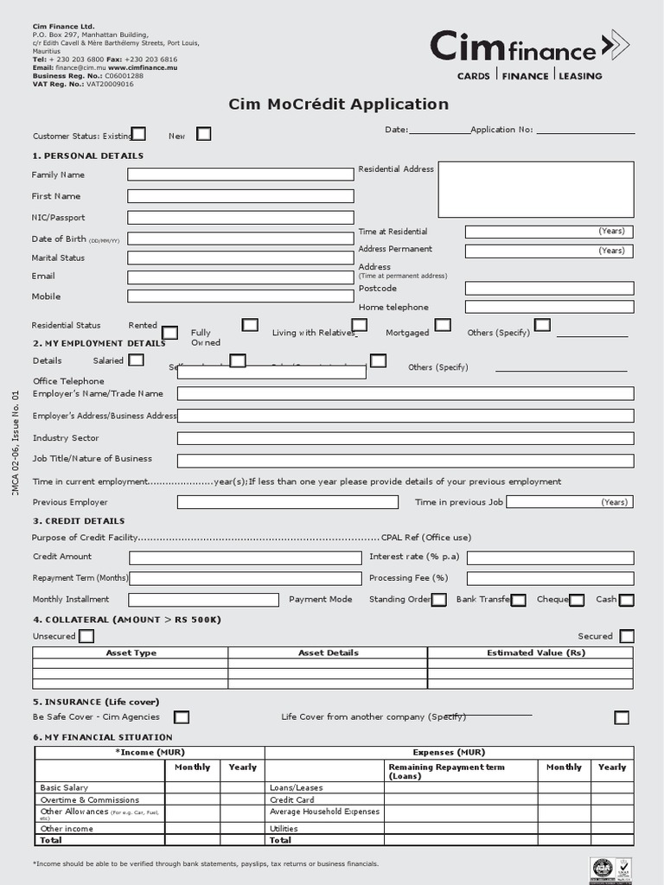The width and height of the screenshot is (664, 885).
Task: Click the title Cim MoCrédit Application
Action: click(338, 105)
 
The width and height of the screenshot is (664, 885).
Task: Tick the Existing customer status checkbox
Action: click(138, 134)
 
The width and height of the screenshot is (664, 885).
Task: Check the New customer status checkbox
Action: click(203, 134)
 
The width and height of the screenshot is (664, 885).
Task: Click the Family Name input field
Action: click(240, 175)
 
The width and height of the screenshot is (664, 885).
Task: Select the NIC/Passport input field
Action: click(240, 218)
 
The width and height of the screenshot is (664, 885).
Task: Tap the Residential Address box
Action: click(536, 189)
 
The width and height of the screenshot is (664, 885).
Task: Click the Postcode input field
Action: click(549, 289)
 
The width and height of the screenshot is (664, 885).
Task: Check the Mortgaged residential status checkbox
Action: click(443, 325)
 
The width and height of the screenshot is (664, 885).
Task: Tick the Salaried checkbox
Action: click(137, 360)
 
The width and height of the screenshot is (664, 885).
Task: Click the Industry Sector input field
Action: click(405, 438)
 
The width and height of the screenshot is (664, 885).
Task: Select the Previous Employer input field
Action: click(287, 502)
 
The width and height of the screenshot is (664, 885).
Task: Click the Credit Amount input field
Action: click(245, 557)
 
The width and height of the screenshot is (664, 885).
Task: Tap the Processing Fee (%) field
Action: click(550, 578)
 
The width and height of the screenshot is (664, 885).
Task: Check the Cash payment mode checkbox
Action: click(627, 600)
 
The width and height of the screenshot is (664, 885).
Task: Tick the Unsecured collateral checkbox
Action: click(86, 637)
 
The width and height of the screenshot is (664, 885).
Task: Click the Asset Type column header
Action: click(131, 653)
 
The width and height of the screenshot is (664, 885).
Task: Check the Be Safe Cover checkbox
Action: click(182, 717)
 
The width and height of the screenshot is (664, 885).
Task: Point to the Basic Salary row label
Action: click(64, 787)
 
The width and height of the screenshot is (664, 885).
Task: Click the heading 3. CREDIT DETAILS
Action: click(79, 521)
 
